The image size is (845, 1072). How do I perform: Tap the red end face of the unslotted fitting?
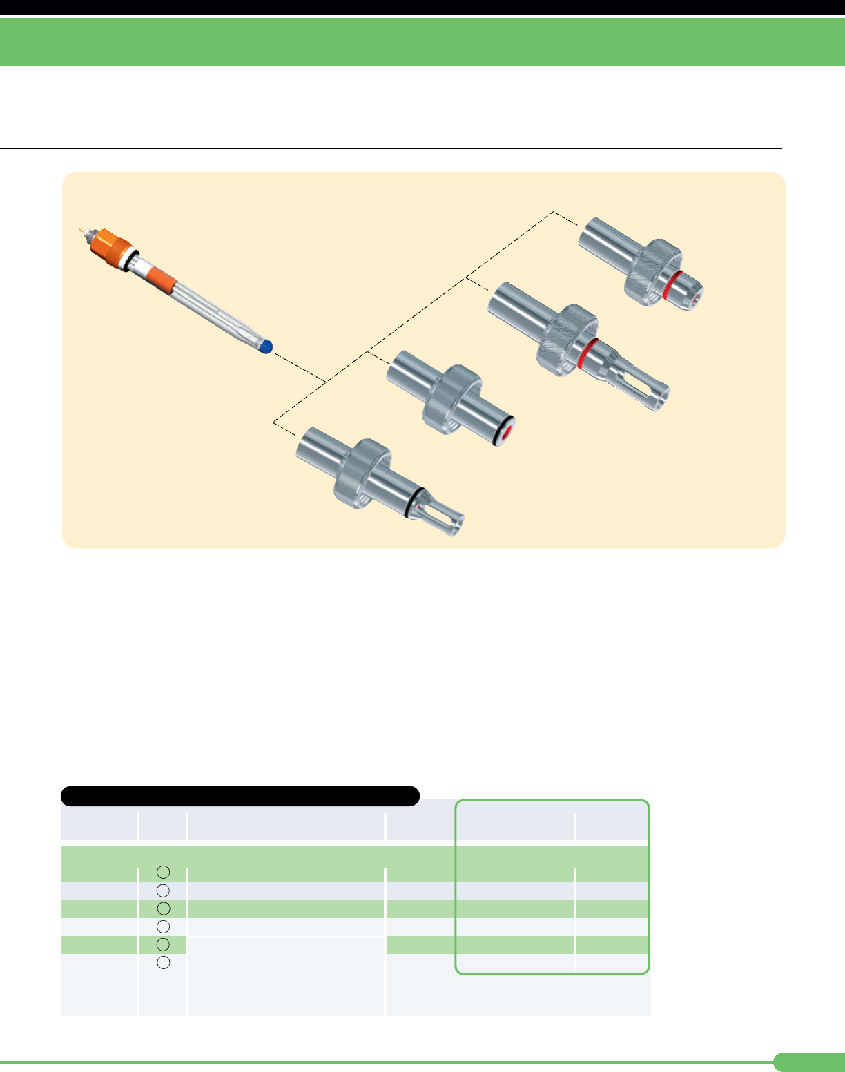(506, 433)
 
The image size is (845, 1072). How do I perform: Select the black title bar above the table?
(240, 796)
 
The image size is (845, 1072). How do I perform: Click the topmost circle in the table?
(163, 873)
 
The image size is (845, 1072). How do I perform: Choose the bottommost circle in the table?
(163, 963)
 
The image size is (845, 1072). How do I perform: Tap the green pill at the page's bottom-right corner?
(809, 1062)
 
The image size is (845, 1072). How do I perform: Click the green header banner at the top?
(422, 41)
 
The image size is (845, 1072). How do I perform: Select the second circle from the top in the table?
(163, 890)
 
